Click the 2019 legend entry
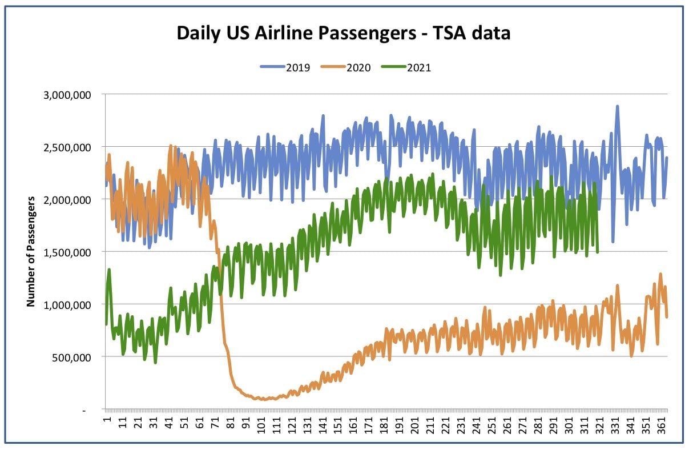285,67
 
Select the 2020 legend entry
345,67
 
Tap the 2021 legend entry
406,67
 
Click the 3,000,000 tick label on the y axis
67,95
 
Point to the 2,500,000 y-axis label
67,147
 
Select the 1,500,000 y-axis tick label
67,252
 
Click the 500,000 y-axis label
71,357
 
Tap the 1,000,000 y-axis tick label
67,305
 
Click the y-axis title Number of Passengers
30,251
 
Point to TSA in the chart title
449,33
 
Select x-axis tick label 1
107,419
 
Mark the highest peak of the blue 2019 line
617,106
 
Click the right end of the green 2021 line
598,252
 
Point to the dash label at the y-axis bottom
84,411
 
